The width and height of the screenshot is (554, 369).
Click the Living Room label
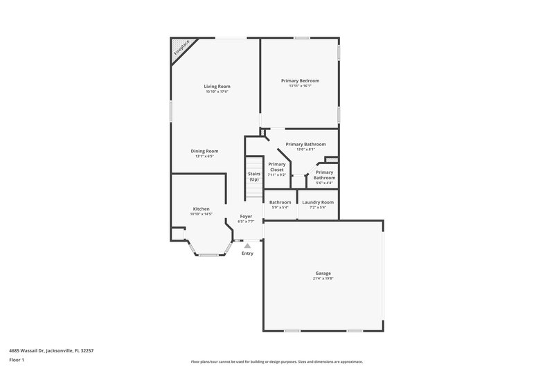217,86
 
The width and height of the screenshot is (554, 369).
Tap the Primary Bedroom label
300,80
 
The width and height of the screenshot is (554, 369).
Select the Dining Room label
205,151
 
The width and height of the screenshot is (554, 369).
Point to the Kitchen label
201,208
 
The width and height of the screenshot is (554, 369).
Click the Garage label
323,273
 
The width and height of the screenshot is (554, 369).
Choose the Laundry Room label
318,202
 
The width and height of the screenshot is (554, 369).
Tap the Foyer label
246,216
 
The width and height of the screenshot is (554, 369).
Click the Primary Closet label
276,167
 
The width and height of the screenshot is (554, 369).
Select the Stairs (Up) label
253,177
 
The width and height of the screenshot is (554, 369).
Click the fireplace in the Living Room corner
180,48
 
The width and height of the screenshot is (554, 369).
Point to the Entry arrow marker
247,245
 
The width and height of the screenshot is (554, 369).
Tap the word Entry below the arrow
247,253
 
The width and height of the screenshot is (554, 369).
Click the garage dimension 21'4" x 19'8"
323,278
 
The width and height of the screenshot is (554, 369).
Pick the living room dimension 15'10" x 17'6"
217,91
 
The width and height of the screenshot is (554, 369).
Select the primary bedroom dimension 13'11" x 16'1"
300,86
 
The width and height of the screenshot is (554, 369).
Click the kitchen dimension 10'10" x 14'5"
201,214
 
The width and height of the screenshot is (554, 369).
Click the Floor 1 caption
17,361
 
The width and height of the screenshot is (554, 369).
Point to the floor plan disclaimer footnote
276,361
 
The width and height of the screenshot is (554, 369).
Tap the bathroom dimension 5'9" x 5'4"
280,208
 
